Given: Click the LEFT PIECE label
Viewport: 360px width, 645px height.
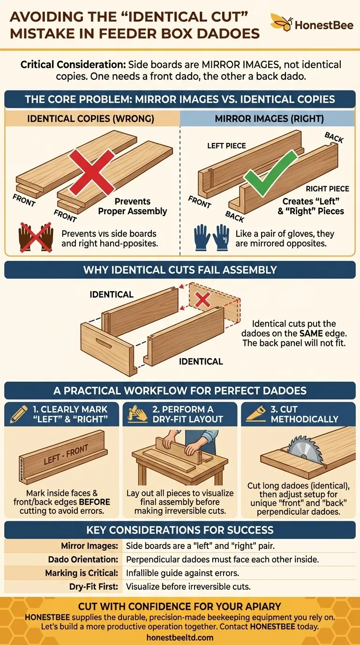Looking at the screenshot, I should pos(226,146).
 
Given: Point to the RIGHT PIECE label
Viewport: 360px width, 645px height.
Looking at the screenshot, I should pos(327,189).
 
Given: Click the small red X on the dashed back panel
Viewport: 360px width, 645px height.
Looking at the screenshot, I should pos(202,300).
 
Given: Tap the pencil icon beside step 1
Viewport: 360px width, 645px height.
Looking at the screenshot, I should pos(17,414).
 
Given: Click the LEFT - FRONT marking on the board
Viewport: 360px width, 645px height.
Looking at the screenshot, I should pos(66,455).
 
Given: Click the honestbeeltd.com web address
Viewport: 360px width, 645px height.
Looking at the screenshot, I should pos(180,637).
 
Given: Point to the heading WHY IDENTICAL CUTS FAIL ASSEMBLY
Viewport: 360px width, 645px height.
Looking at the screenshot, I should pos(180,270).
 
